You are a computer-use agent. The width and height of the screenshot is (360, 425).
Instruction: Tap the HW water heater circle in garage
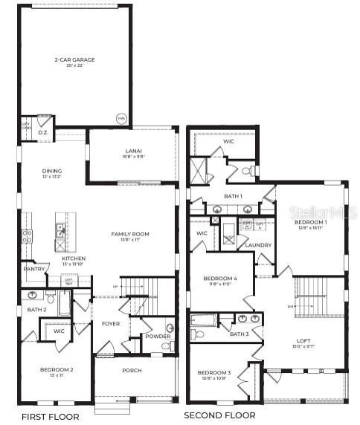click(x=120, y=118)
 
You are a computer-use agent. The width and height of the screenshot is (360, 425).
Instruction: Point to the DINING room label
click(x=52, y=172)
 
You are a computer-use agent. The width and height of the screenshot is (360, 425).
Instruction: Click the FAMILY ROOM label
click(x=130, y=234)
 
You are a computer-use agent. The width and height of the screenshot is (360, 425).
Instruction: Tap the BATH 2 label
click(x=37, y=309)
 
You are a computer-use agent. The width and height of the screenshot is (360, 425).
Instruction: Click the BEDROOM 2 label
click(x=57, y=369)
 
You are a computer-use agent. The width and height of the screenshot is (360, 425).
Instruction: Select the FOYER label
click(x=109, y=324)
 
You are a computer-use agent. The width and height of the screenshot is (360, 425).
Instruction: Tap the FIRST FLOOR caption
click(x=50, y=416)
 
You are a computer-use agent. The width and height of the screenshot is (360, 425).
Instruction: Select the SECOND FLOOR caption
click(x=219, y=415)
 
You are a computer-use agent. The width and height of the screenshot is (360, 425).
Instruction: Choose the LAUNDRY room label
click(x=258, y=244)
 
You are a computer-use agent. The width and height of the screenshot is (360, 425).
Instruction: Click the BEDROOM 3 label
click(x=213, y=372)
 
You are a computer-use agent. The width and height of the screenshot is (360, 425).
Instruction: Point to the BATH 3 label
click(x=239, y=334)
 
